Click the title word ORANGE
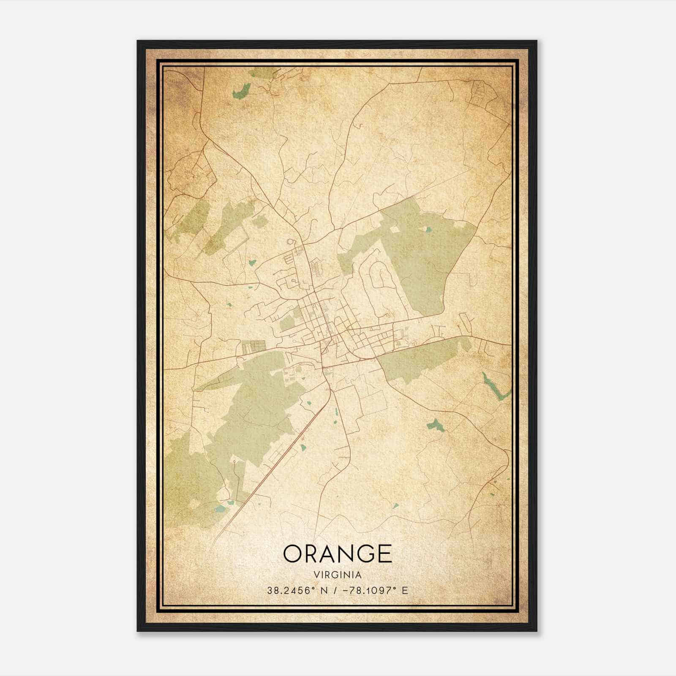(x=337, y=553)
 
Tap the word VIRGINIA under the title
(x=337, y=575)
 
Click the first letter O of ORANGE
(x=293, y=553)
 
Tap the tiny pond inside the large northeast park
(x=428, y=230)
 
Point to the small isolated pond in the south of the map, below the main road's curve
(x=395, y=505)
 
